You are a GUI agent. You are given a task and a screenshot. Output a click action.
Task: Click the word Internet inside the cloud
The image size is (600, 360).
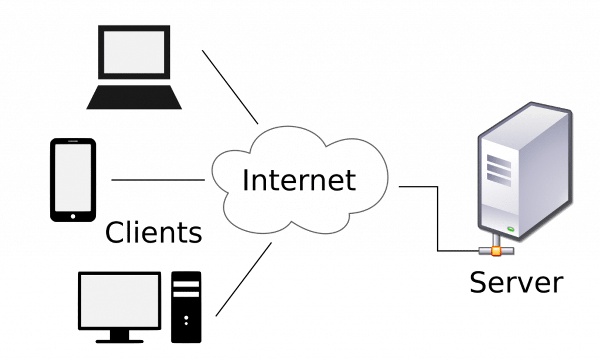click(x=299, y=180)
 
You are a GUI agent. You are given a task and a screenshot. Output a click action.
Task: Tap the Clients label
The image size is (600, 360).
click(x=154, y=232)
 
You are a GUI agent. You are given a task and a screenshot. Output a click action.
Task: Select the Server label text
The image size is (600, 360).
click(x=516, y=283)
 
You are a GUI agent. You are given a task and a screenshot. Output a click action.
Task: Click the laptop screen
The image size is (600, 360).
click(x=134, y=52)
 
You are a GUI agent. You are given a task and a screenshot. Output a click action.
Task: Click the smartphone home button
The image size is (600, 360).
click(x=73, y=216)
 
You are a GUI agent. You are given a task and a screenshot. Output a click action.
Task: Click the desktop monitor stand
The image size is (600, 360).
click(x=120, y=335)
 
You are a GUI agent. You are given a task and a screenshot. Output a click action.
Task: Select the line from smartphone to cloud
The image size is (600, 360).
click(x=158, y=180)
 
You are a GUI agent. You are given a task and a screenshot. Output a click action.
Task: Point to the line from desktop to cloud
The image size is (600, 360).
click(x=243, y=280)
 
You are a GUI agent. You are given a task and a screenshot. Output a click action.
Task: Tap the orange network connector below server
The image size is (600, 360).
click(x=496, y=251)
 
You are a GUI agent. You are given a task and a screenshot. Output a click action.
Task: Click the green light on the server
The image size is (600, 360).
click(x=510, y=228)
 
